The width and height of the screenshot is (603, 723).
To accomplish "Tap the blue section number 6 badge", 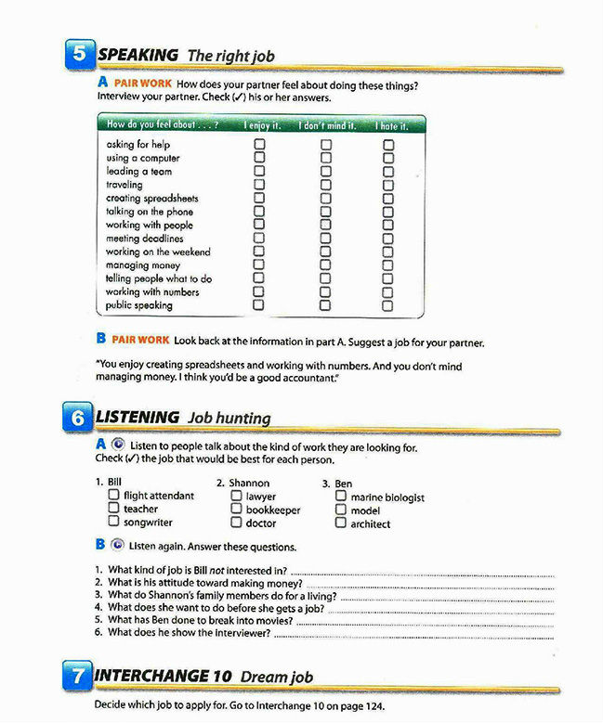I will point(81,419).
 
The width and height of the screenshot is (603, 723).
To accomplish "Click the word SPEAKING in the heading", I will point(138,55).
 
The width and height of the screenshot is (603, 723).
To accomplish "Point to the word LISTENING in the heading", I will point(138,417).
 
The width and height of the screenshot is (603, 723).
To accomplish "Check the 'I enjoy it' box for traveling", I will point(259,184).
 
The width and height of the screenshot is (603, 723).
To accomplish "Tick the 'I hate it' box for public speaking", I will point(387,304).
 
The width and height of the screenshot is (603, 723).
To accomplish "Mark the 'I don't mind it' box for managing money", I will point(326,265).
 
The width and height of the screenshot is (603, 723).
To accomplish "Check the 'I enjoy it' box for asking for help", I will point(259,144).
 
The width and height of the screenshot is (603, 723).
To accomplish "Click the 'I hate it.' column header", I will point(391,124).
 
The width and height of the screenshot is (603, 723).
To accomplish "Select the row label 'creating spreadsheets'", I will point(152,199).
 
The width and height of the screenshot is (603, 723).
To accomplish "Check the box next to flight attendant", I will point(113,496).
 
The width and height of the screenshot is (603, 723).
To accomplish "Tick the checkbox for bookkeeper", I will point(237,510).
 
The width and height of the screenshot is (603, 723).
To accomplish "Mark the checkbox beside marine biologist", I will point(341,497).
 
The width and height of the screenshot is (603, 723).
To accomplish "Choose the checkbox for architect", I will point(341,523).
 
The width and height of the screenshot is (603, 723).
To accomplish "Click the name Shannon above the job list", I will point(249,483).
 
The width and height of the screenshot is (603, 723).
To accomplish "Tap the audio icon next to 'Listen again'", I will point(117,546).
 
